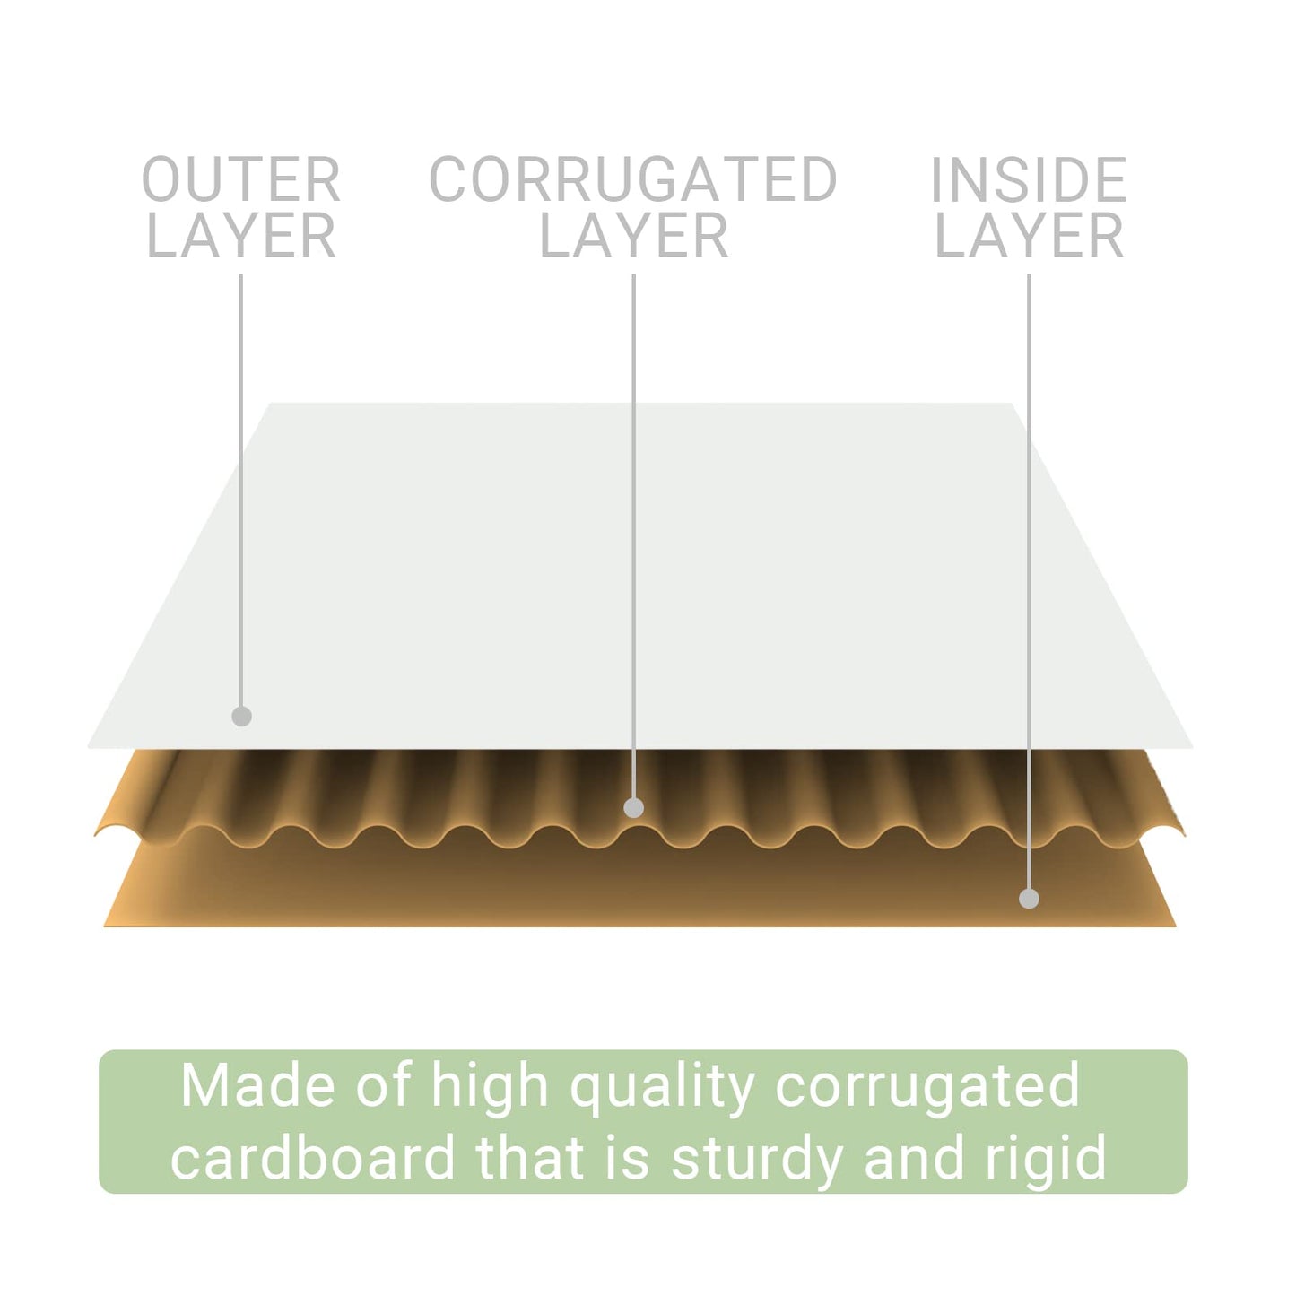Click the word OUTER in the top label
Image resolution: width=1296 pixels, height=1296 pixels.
[x=240, y=178]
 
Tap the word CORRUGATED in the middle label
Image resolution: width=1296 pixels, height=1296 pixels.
[x=633, y=178]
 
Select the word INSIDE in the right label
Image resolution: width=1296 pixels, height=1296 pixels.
[x=1029, y=178]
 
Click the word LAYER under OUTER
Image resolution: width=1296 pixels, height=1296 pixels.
[x=240, y=235]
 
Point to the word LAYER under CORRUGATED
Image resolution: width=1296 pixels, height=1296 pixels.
[x=633, y=235]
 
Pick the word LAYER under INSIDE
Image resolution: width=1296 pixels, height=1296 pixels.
[x=1029, y=235]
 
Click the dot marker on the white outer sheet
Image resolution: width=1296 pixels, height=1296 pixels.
[x=241, y=717]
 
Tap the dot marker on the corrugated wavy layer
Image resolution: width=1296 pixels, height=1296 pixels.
[x=633, y=808]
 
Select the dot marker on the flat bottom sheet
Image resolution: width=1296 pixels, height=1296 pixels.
[x=1029, y=899]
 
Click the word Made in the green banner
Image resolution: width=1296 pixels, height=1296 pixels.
[x=257, y=1085]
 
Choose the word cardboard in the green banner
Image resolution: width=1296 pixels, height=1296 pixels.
[x=313, y=1157]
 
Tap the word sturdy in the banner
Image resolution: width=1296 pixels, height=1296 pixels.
[x=757, y=1161]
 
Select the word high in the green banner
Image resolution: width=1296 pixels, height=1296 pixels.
[x=490, y=1090]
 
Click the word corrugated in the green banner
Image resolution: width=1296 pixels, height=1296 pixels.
[x=927, y=1091]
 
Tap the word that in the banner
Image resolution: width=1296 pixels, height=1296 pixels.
[x=529, y=1157]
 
